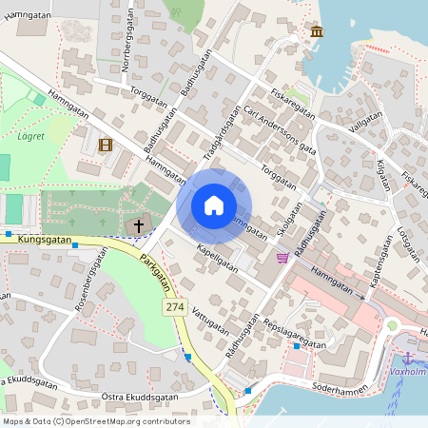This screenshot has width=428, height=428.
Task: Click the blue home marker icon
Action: [x=213, y=205]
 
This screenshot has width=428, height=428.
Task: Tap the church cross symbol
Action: [x=139, y=226]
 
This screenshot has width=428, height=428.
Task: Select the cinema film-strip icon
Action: [x=105, y=146]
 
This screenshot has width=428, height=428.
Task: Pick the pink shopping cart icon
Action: [x=282, y=257]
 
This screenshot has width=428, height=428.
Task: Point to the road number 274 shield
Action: [x=174, y=307]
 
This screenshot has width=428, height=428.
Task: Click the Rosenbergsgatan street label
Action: [x=88, y=288]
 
